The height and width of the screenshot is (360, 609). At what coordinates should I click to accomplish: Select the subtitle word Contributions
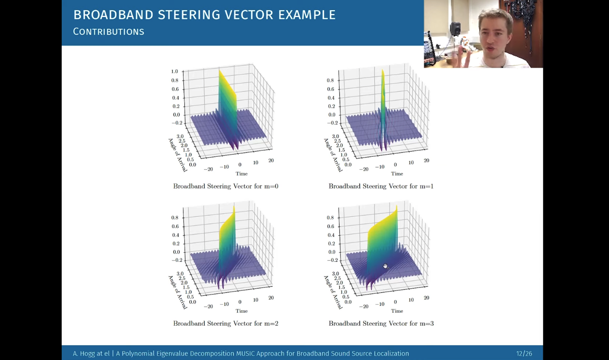[109, 32]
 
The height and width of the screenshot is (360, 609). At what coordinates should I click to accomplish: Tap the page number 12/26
[524, 353]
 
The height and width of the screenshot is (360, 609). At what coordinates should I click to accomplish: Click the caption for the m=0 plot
[225, 186]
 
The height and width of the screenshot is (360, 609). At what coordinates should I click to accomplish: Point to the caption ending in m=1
[381, 186]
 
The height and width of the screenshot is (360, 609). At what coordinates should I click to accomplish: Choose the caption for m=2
[225, 324]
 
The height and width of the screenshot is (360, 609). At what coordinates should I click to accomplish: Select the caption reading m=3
[381, 324]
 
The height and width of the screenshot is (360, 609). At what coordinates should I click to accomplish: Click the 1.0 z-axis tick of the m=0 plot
[175, 71]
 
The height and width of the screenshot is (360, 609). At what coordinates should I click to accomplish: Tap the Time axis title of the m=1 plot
[397, 174]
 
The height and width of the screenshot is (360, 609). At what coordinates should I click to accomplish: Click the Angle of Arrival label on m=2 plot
[178, 292]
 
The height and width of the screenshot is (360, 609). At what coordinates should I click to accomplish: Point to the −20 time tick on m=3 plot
[364, 306]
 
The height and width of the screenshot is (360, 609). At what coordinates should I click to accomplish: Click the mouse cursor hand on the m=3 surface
[386, 266]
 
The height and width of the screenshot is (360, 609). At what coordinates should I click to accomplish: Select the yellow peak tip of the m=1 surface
[383, 70]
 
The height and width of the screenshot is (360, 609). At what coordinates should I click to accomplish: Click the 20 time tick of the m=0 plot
[271, 160]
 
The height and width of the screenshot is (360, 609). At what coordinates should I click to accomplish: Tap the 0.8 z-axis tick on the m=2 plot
[175, 218]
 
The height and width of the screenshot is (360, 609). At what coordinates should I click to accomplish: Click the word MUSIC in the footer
[245, 353]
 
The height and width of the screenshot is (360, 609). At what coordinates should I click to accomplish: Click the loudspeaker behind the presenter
[455, 28]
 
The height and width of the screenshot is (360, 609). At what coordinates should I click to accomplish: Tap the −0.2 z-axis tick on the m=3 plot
[329, 260]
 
